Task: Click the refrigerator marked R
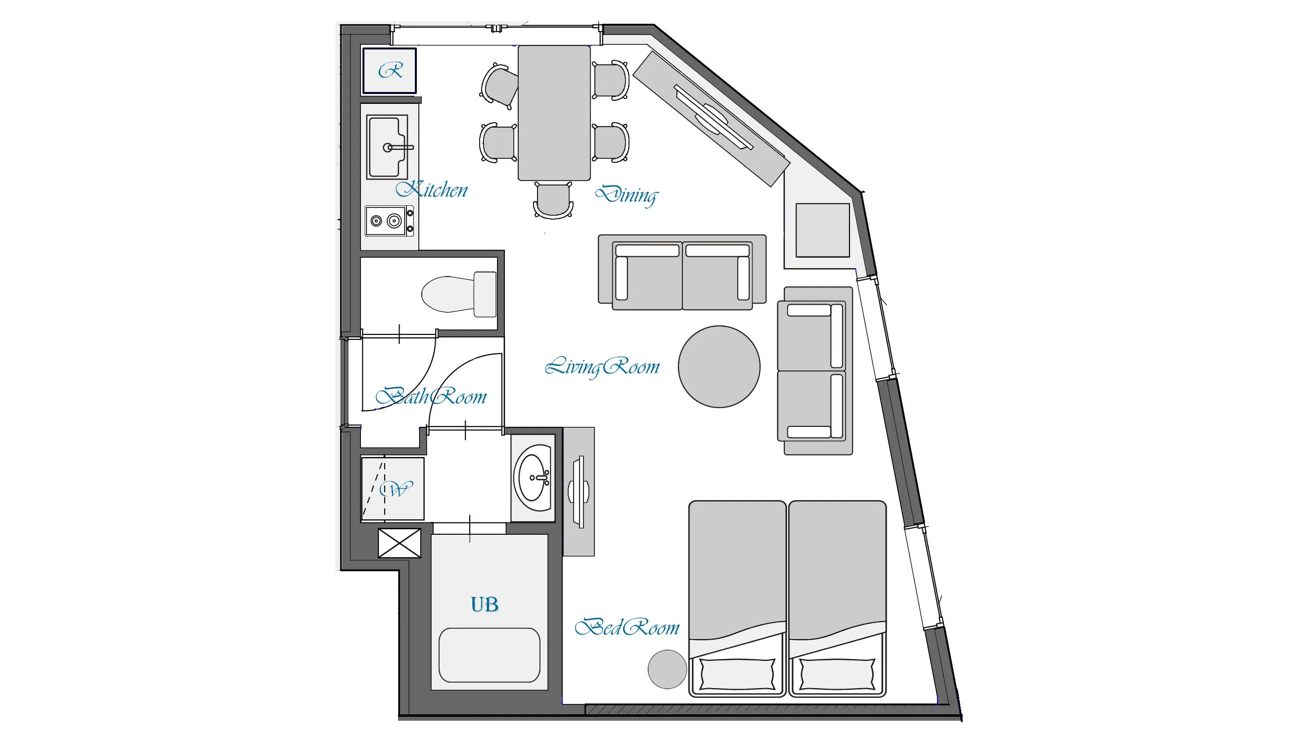coord(389,70)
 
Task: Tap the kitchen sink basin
coord(387,147)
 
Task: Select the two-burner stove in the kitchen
coord(389,221)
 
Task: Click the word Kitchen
coord(432,189)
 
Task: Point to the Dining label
coord(627,195)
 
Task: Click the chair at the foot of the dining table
coord(553,200)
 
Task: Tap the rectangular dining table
coord(554,113)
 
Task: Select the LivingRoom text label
coord(602,367)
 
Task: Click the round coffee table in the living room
coord(719,367)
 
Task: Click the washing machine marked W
coord(392,489)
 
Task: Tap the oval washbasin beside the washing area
coord(533,478)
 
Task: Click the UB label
coord(485,604)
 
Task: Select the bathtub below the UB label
coord(489,655)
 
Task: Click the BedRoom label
coord(627,627)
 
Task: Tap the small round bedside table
coord(668,669)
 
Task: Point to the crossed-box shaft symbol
coord(400,543)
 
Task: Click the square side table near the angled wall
coord(822,230)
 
